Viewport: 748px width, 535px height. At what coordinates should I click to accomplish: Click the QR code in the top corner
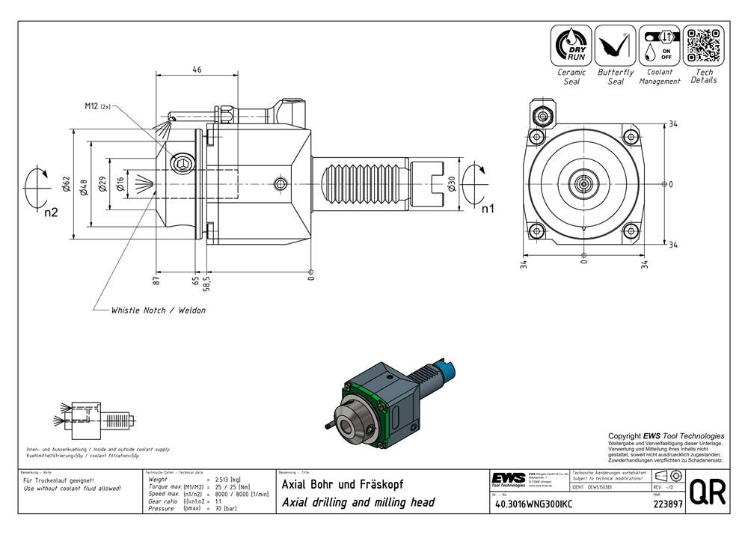click(703, 44)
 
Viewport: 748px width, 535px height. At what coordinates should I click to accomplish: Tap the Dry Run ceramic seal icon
click(571, 45)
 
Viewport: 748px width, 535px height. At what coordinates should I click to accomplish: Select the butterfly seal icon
click(616, 45)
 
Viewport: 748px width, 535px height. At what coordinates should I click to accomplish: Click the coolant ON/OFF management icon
click(659, 45)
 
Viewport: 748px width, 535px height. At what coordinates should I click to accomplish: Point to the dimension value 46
click(197, 70)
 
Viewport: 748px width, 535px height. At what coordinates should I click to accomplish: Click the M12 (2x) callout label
click(97, 107)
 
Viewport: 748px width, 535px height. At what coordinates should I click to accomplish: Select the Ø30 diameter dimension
click(451, 184)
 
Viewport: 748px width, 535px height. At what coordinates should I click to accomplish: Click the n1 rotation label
click(488, 208)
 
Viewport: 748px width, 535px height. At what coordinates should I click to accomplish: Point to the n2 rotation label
click(51, 213)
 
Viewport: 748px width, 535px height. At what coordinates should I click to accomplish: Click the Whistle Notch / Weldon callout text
click(158, 310)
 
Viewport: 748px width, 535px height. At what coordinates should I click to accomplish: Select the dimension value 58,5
click(206, 283)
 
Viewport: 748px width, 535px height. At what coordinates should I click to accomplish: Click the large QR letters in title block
click(707, 492)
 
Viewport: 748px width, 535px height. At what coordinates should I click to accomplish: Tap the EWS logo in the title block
click(508, 478)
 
